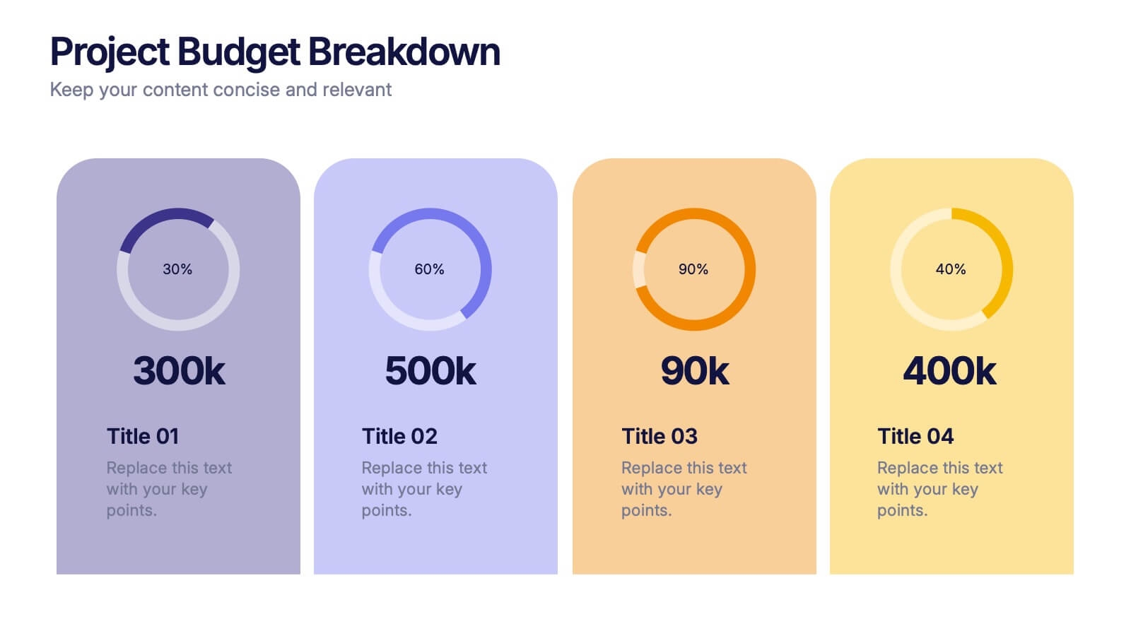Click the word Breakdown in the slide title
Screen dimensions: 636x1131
point(404,52)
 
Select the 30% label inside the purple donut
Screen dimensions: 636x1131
point(177,269)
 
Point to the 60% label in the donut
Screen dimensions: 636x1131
point(429,269)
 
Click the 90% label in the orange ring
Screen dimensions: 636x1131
point(693,269)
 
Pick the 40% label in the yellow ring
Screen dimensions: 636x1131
point(951,269)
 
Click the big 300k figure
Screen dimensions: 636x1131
point(179,371)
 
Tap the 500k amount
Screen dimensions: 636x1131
point(430,371)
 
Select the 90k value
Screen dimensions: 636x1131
point(694,371)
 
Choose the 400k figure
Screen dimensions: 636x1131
point(949,371)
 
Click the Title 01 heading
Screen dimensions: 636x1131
point(143,436)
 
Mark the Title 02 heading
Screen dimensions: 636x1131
point(399,436)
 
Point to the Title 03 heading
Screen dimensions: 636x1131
point(660,436)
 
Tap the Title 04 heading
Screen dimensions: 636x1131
point(915,436)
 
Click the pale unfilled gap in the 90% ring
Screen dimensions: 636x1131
point(639,269)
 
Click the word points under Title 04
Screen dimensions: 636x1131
point(900,510)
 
